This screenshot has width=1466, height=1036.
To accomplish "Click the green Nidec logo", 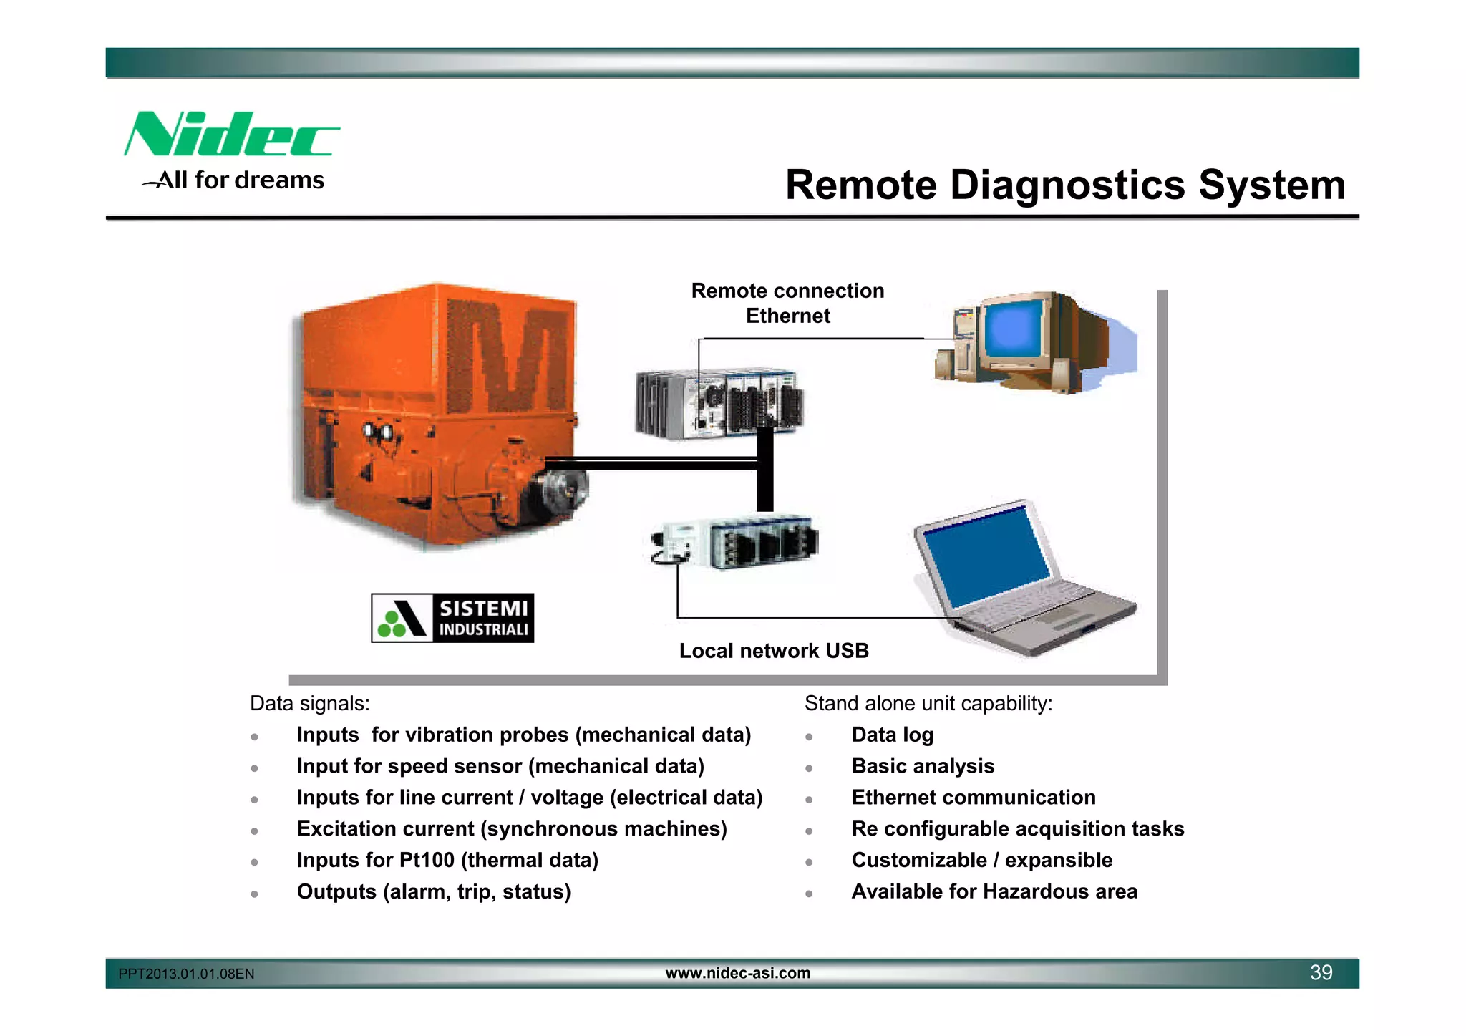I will coord(230,135).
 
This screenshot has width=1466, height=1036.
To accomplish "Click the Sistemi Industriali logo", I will coord(452,618).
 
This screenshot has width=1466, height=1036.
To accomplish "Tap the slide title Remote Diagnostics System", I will coord(1065,185).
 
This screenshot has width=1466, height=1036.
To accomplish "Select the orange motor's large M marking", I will coord(510,356).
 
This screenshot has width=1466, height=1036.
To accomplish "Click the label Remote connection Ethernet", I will coord(787,303).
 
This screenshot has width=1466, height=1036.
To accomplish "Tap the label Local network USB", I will coord(774,651).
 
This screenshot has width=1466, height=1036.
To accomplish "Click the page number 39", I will coord(1321,972).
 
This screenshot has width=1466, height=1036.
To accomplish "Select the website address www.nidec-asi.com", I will coord(738,973).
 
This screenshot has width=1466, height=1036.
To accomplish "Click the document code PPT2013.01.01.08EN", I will coord(186,974).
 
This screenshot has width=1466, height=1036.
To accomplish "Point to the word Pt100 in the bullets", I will coord(427,860).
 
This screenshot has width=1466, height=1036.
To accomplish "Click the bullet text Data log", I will coord(892,735).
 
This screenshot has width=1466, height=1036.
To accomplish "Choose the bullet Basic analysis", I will coord(923,766).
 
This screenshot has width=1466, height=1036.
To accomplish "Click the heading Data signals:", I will coord(309,704).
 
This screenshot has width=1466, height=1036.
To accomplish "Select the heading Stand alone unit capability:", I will coord(928,704).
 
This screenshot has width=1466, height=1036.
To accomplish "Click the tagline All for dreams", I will coord(240,180).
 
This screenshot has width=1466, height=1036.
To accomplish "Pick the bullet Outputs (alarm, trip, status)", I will coord(434,891).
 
